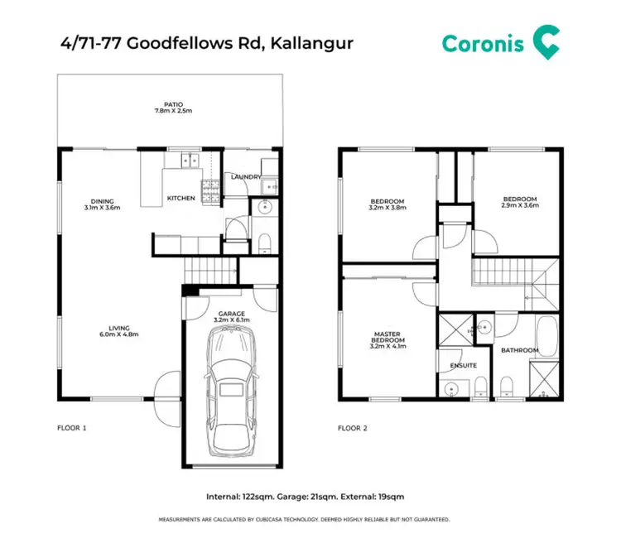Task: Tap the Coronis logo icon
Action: (545, 41)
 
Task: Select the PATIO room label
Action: (173, 104)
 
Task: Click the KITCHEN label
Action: (181, 198)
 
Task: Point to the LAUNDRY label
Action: (247, 176)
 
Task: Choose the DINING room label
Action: (103, 201)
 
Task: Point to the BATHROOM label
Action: (521, 350)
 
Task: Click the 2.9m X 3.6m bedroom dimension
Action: (521, 205)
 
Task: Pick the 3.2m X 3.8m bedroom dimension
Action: (388, 209)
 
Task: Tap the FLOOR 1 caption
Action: (72, 428)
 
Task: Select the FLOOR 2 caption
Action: (353, 428)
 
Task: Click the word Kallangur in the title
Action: (309, 42)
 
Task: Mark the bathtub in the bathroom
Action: (547, 339)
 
